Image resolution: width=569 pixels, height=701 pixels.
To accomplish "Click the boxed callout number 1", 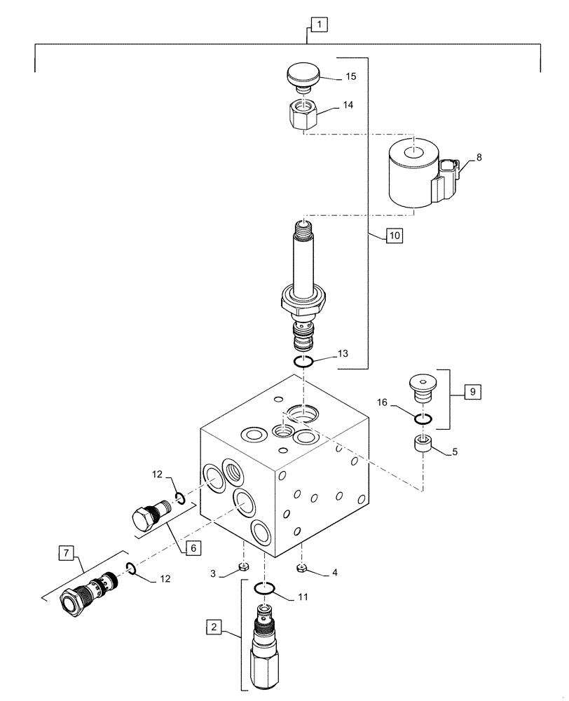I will (319, 26).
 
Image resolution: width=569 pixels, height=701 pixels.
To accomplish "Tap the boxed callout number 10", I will (394, 236).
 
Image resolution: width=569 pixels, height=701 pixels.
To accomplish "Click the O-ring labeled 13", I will (303, 362).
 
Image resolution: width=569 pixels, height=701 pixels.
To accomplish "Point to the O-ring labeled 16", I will (421, 419).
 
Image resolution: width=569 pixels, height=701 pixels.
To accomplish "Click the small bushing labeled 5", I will (421, 444).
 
